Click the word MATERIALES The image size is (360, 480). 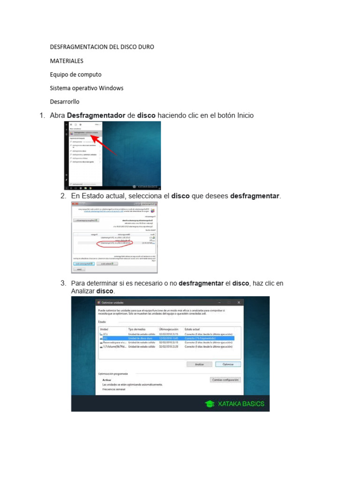[x=67, y=61]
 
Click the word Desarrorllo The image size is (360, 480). [x=65, y=102]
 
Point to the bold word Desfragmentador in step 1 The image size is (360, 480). [x=96, y=115]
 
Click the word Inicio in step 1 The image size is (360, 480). [x=246, y=115]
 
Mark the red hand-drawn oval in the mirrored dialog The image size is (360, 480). [x=114, y=243]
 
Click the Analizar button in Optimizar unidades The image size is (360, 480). [x=199, y=364]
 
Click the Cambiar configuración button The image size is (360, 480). [x=225, y=380]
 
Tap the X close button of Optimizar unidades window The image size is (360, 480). [x=239, y=303]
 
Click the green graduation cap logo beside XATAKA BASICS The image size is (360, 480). [x=210, y=404]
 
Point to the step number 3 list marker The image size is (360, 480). [x=63, y=284]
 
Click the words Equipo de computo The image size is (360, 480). [x=75, y=75]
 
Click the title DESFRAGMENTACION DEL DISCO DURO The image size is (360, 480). [x=102, y=47]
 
